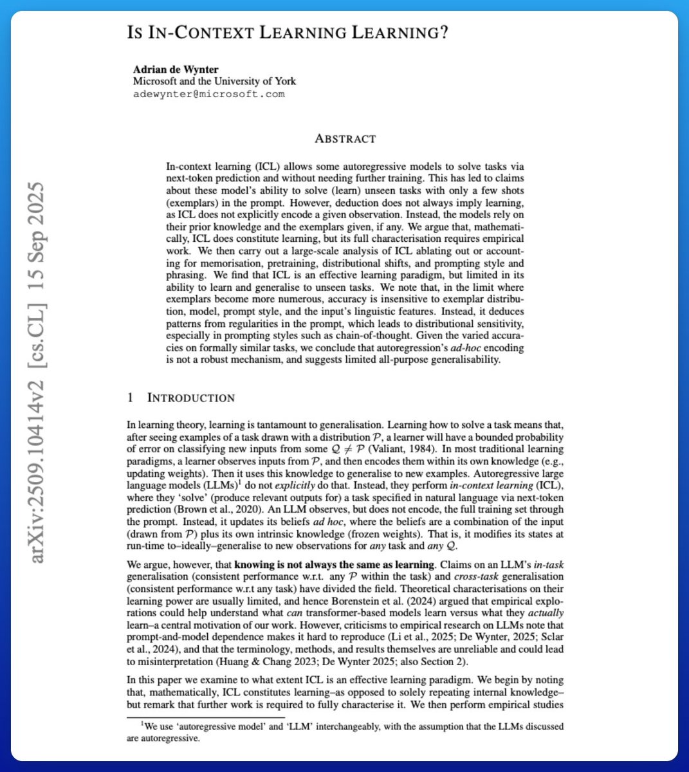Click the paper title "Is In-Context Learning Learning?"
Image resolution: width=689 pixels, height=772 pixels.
tap(287, 33)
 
